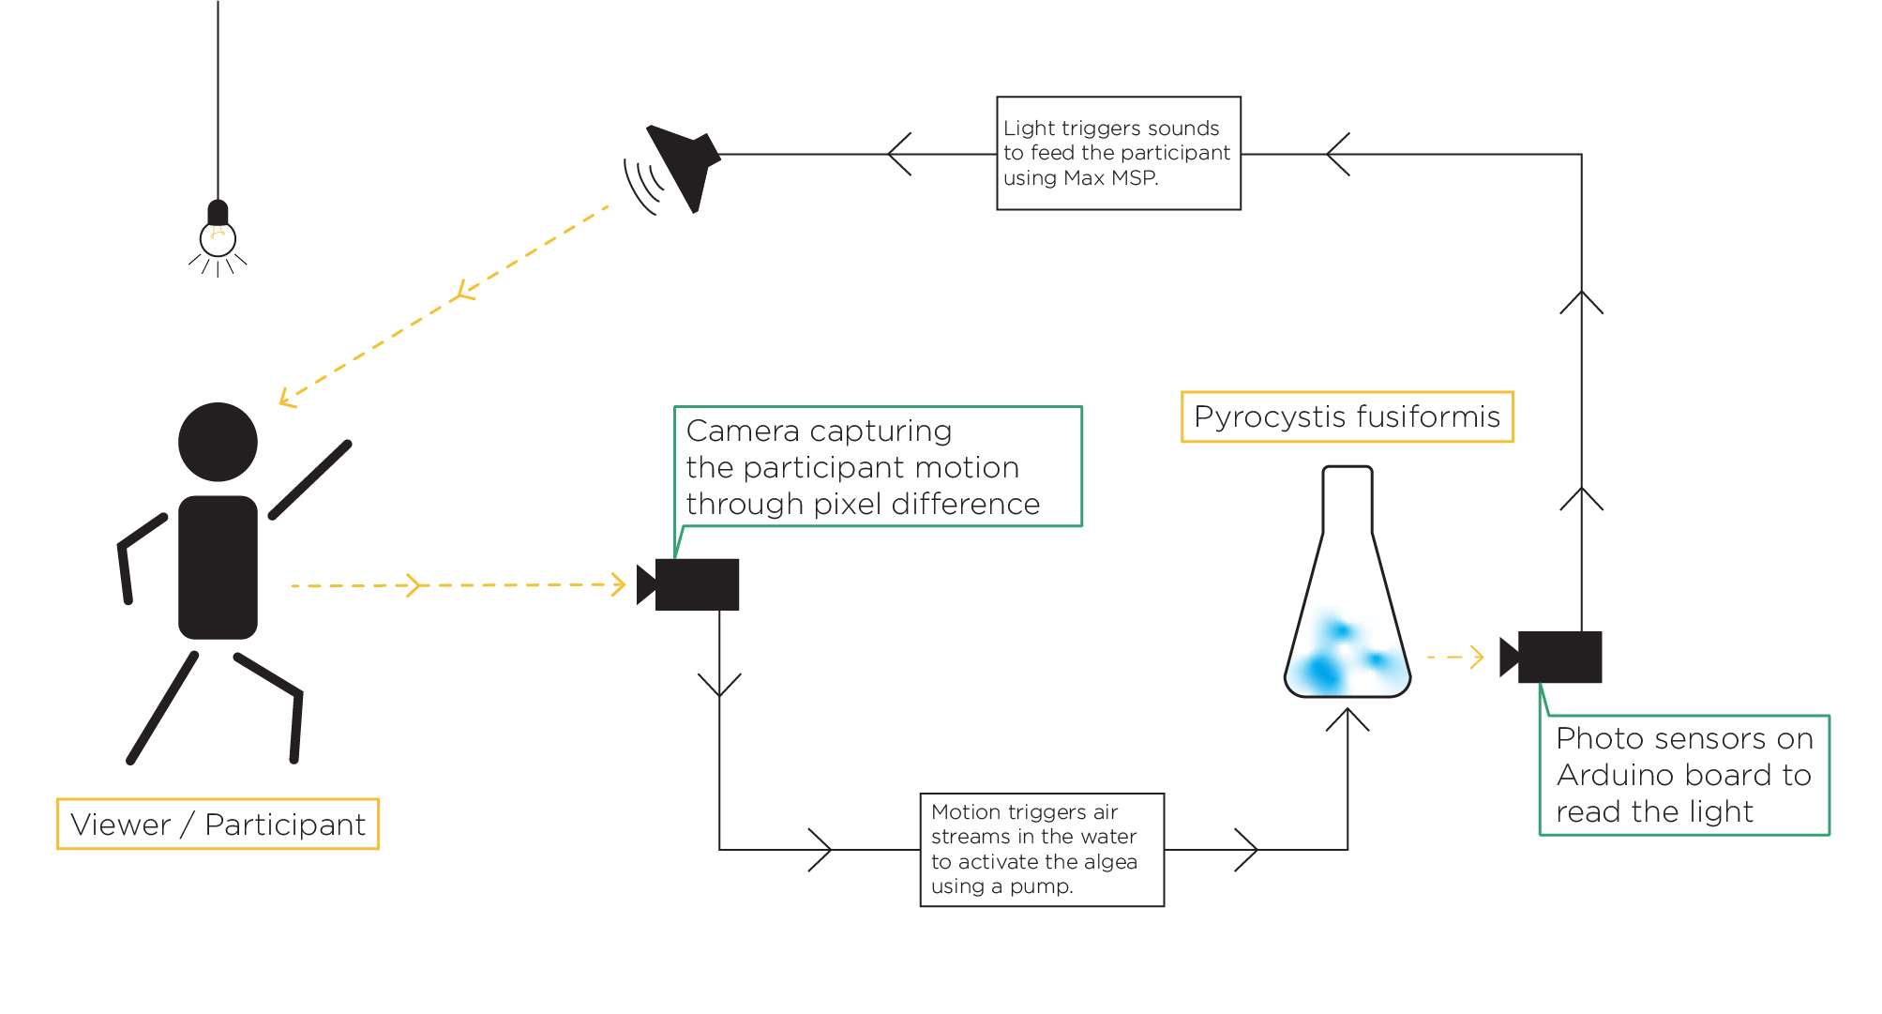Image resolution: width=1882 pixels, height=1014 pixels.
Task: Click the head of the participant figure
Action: (x=218, y=442)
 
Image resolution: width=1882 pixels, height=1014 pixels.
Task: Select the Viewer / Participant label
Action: (x=218, y=825)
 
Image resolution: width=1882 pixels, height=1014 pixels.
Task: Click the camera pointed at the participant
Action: (x=688, y=584)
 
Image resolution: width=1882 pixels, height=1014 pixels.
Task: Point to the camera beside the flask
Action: (x=1551, y=657)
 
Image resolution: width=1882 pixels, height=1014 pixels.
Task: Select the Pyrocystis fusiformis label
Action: (x=1348, y=416)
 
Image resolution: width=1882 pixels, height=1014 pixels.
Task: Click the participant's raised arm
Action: (x=310, y=479)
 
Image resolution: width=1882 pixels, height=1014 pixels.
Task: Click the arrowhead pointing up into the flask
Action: (x=1348, y=719)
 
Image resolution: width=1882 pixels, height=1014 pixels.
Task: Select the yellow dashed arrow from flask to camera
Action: (x=1455, y=657)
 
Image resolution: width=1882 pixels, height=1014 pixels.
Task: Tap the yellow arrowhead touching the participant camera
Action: (x=618, y=584)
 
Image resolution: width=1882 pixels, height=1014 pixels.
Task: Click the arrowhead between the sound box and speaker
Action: (x=899, y=154)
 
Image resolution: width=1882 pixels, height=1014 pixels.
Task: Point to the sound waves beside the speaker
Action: (x=643, y=185)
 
